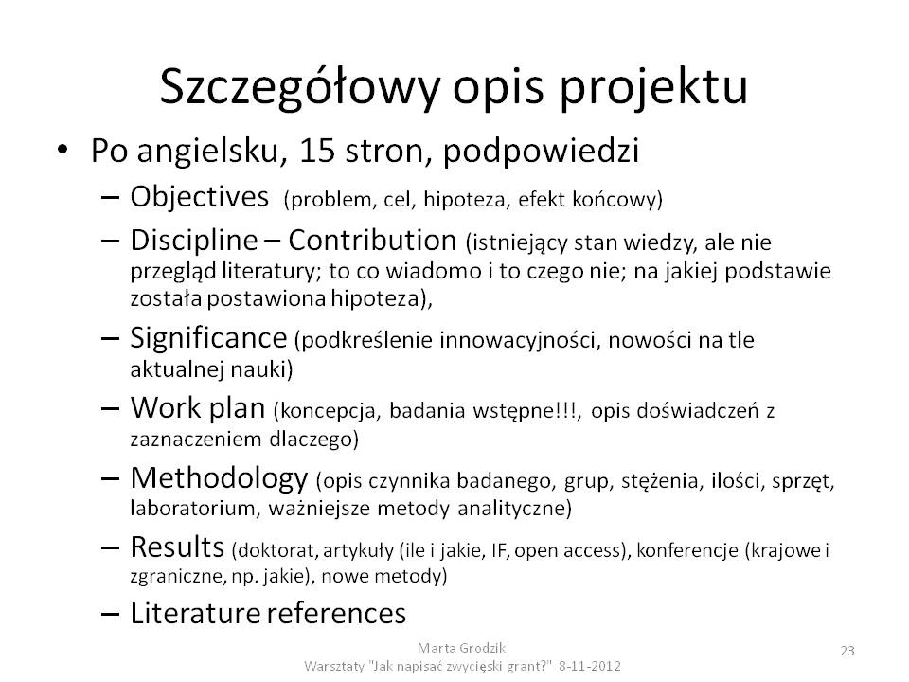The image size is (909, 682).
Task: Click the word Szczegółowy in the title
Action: coord(299,88)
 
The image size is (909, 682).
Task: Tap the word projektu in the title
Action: coord(654,88)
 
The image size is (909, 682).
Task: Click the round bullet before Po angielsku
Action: coord(62,150)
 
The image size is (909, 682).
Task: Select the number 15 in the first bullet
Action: coord(317,151)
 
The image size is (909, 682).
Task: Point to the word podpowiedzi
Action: coord(541,152)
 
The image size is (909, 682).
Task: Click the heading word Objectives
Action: coord(200,197)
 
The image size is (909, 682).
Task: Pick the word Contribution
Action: coord(372,240)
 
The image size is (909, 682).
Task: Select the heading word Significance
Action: coord(208,338)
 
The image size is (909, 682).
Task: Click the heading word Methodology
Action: coord(219,479)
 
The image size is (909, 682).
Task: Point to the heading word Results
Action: coord(177,547)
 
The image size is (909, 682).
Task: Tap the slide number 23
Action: coord(847,651)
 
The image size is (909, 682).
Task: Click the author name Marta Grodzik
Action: coord(461,648)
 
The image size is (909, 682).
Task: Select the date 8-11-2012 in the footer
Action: coord(590,666)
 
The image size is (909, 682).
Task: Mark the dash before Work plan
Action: coord(110,409)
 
